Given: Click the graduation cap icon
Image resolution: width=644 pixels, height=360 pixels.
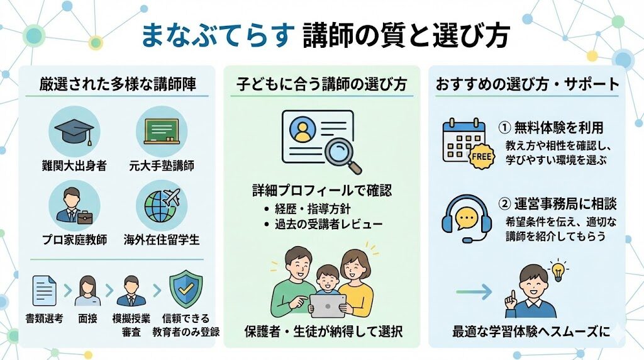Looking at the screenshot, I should click(74, 129).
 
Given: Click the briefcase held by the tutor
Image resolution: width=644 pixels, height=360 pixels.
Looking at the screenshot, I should click(84, 218).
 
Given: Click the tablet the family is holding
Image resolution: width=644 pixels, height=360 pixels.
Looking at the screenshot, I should click(328, 305).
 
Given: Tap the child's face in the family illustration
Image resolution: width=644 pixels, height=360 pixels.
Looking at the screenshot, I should click(326, 278).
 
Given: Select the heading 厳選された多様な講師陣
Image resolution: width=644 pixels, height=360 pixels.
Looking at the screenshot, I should click(117, 84).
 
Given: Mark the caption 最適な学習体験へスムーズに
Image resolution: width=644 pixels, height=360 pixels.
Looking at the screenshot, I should click(531, 331).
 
